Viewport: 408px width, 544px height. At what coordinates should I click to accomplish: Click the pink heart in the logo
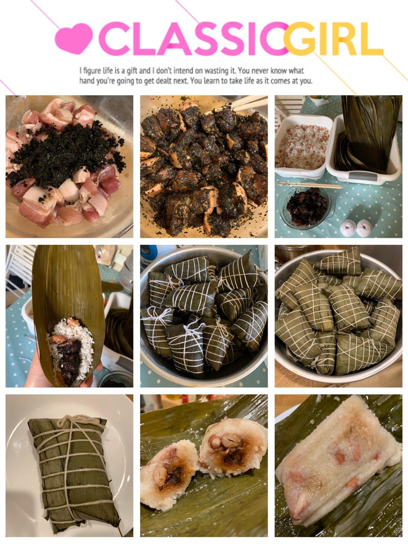pyautogui.click(x=74, y=38)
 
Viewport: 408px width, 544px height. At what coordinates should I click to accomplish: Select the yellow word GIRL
pyautogui.click(x=333, y=38)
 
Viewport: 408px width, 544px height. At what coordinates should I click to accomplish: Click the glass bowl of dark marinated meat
pyautogui.click(x=307, y=207)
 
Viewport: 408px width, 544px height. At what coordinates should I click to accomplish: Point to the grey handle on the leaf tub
pyautogui.click(x=363, y=176)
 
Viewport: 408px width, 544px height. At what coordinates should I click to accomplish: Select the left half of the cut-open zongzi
pyautogui.click(x=169, y=473)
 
